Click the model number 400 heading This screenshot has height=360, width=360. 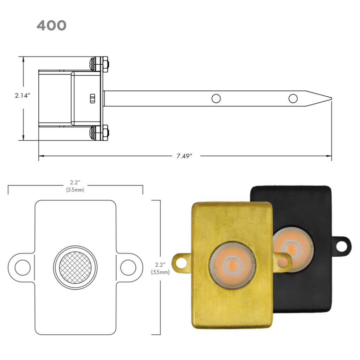(51, 25)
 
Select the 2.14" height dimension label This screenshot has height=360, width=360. (22, 95)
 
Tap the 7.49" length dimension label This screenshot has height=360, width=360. (184, 156)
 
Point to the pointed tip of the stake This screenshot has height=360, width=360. (331, 98)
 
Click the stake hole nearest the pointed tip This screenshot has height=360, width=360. (293, 98)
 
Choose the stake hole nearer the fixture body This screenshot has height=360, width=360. (216, 98)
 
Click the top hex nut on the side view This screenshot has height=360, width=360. (105, 64)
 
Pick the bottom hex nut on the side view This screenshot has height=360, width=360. (105, 133)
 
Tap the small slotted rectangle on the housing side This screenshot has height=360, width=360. (92, 98)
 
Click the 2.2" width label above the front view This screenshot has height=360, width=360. (75, 182)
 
